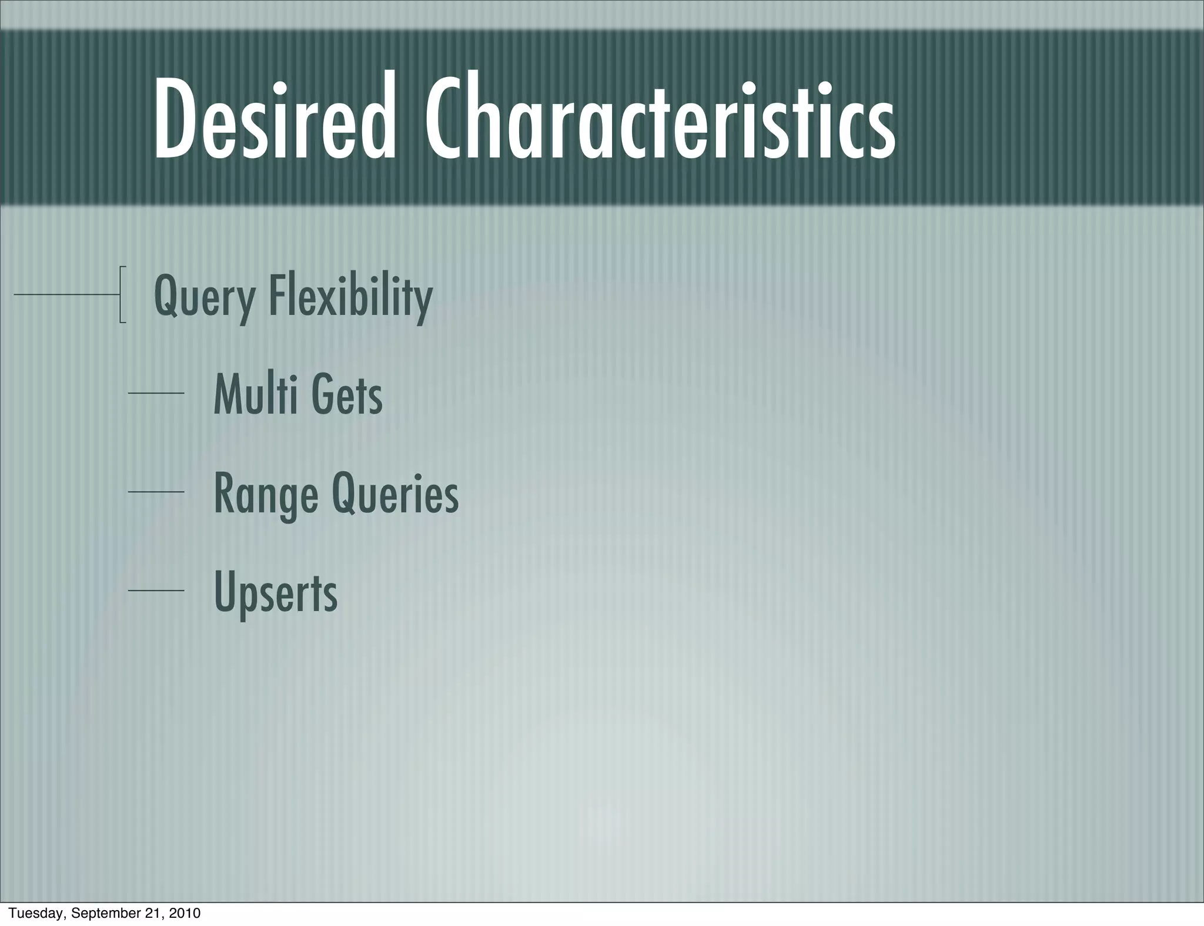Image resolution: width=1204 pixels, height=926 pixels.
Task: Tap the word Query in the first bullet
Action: (x=204, y=297)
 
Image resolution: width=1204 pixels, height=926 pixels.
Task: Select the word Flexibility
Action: (x=350, y=297)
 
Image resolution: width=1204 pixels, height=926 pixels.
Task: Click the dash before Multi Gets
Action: (x=156, y=392)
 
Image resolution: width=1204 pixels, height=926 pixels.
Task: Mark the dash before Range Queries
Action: (x=156, y=491)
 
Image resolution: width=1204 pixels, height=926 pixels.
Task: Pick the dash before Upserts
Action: (x=156, y=590)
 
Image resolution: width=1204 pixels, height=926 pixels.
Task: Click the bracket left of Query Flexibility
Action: (x=122, y=294)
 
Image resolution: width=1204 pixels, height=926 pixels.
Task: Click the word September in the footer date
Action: (x=108, y=913)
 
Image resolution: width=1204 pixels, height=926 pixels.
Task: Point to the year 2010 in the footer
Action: (x=185, y=913)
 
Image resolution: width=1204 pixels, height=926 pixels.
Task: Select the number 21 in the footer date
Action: (x=156, y=913)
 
